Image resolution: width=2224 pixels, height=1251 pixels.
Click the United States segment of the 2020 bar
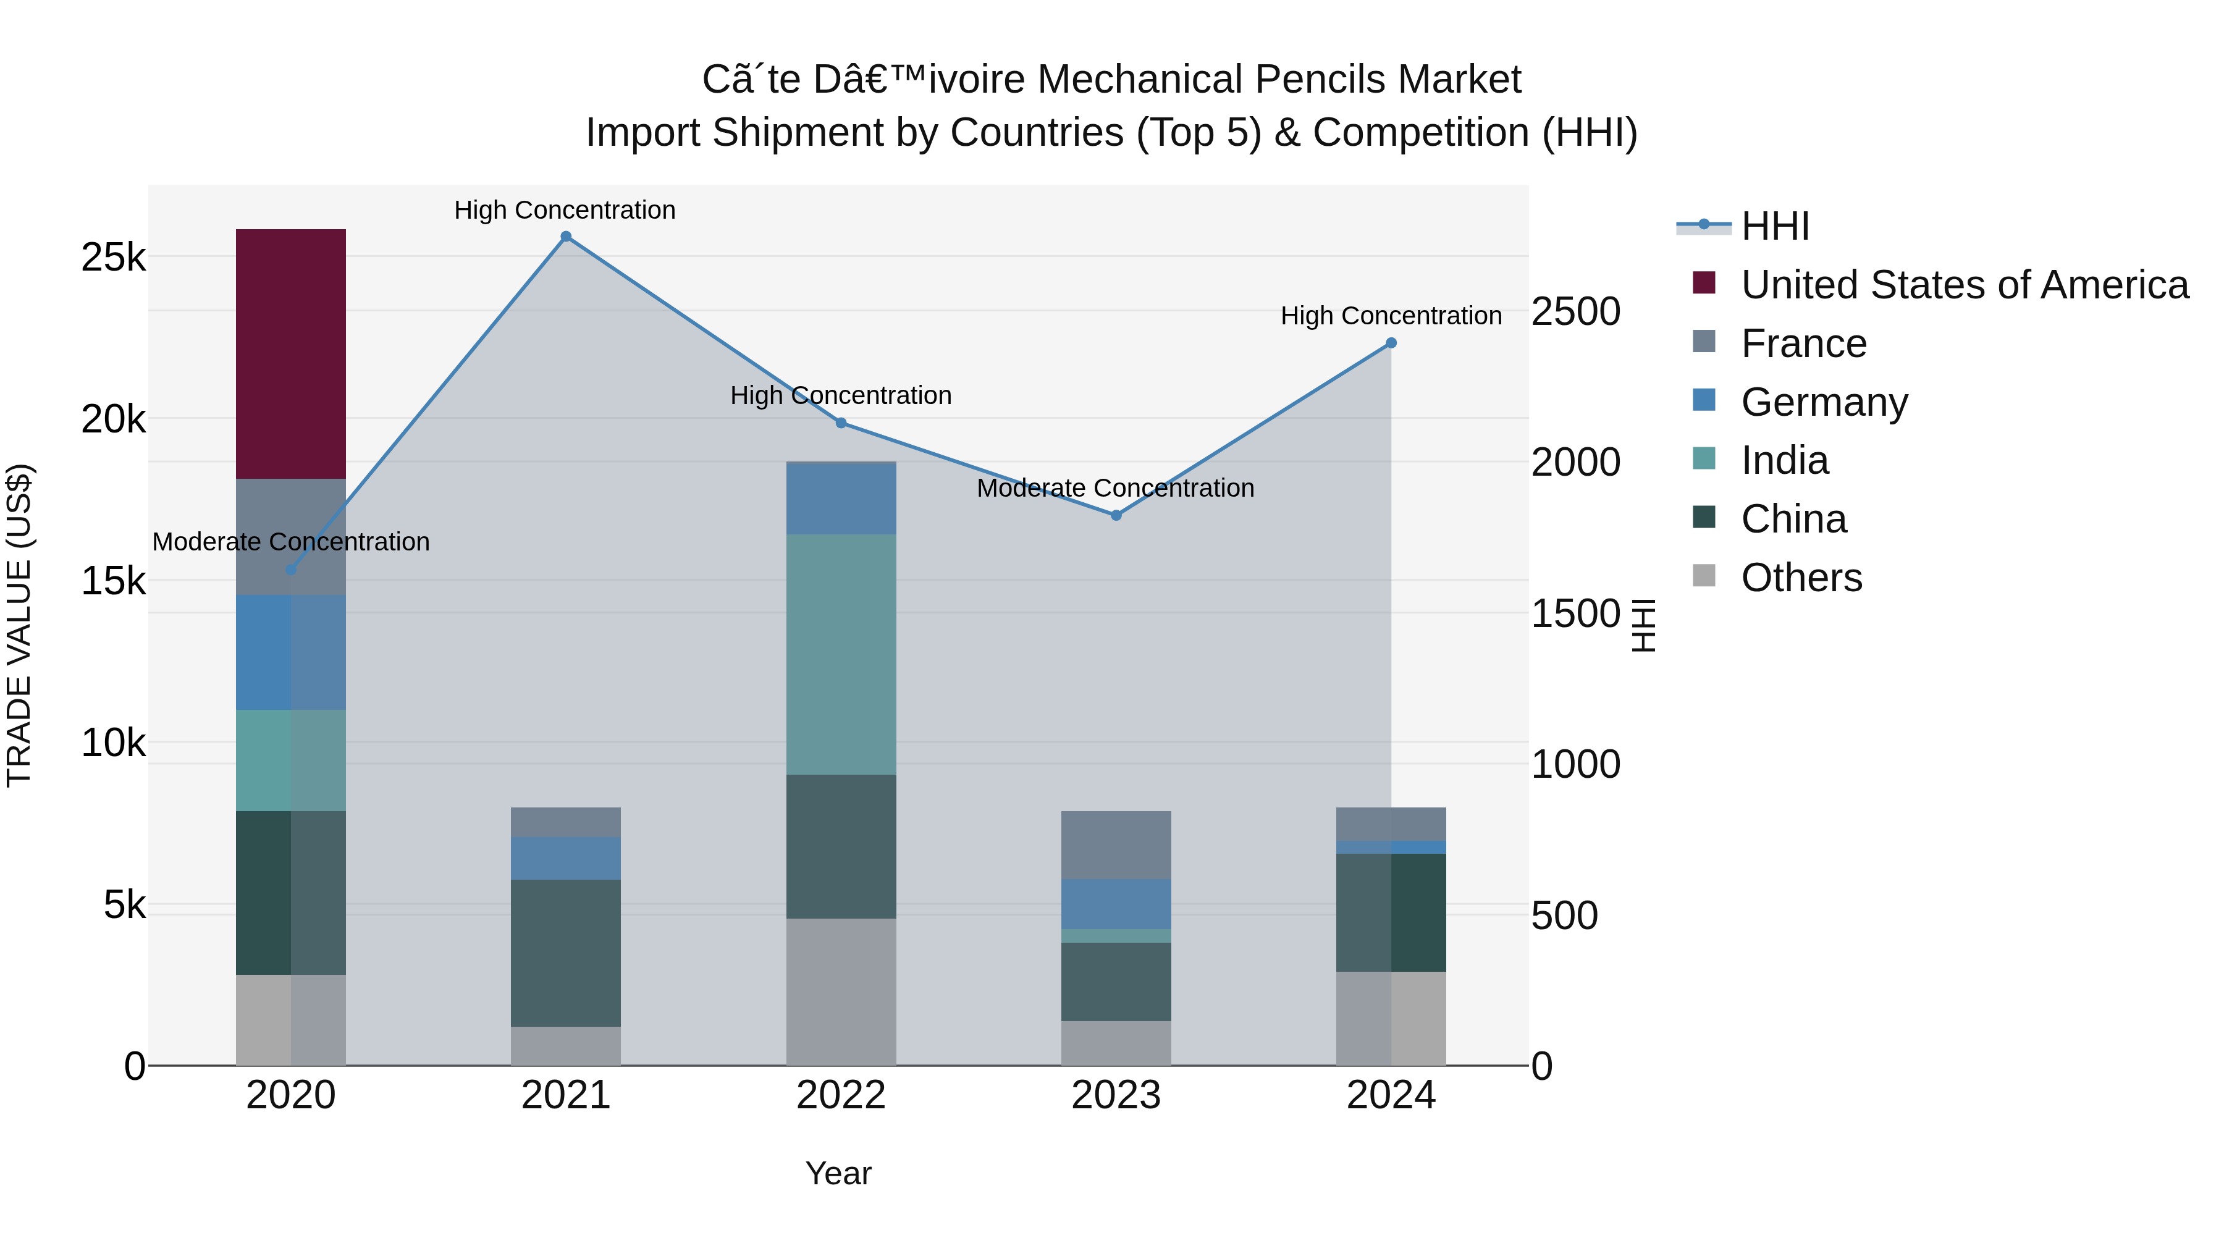coord(290,354)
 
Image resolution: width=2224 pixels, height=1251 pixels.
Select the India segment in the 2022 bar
coord(840,654)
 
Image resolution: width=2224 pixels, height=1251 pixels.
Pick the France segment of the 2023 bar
coord(1116,845)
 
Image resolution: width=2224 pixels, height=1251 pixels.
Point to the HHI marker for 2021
coord(565,237)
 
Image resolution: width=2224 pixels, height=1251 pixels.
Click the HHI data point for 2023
coord(1116,515)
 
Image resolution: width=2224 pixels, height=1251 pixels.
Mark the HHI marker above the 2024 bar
coord(1391,343)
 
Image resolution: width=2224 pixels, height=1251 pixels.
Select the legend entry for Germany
coord(1824,402)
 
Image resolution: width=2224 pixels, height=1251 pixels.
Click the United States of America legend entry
coord(1964,285)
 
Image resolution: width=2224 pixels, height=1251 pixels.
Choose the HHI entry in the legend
coord(1774,226)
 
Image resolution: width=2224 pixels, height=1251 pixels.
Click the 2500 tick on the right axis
coord(1575,312)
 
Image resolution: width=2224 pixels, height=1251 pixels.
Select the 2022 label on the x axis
coord(840,1095)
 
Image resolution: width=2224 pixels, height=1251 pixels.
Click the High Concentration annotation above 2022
coord(840,395)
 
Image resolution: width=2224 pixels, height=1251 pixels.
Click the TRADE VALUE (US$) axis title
coord(19,625)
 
